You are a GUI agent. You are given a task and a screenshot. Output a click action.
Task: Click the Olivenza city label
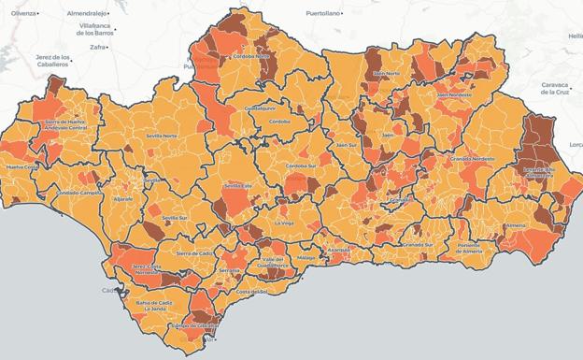pyautogui.click(x=24, y=14)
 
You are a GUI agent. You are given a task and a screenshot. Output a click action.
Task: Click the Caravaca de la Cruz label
pyautogui.click(x=561, y=88)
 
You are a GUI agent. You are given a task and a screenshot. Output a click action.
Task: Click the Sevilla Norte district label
pyautogui.click(x=161, y=136)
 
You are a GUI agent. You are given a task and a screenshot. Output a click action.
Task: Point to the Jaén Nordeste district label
pyautogui.click(x=453, y=94)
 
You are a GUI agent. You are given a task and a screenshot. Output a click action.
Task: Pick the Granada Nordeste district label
pyautogui.click(x=472, y=160)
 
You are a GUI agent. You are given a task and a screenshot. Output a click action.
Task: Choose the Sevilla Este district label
pyautogui.click(x=239, y=185)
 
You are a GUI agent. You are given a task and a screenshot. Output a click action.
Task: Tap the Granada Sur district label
pyautogui.click(x=416, y=244)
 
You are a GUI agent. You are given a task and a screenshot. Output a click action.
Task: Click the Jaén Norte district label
pyautogui.click(x=386, y=74)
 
